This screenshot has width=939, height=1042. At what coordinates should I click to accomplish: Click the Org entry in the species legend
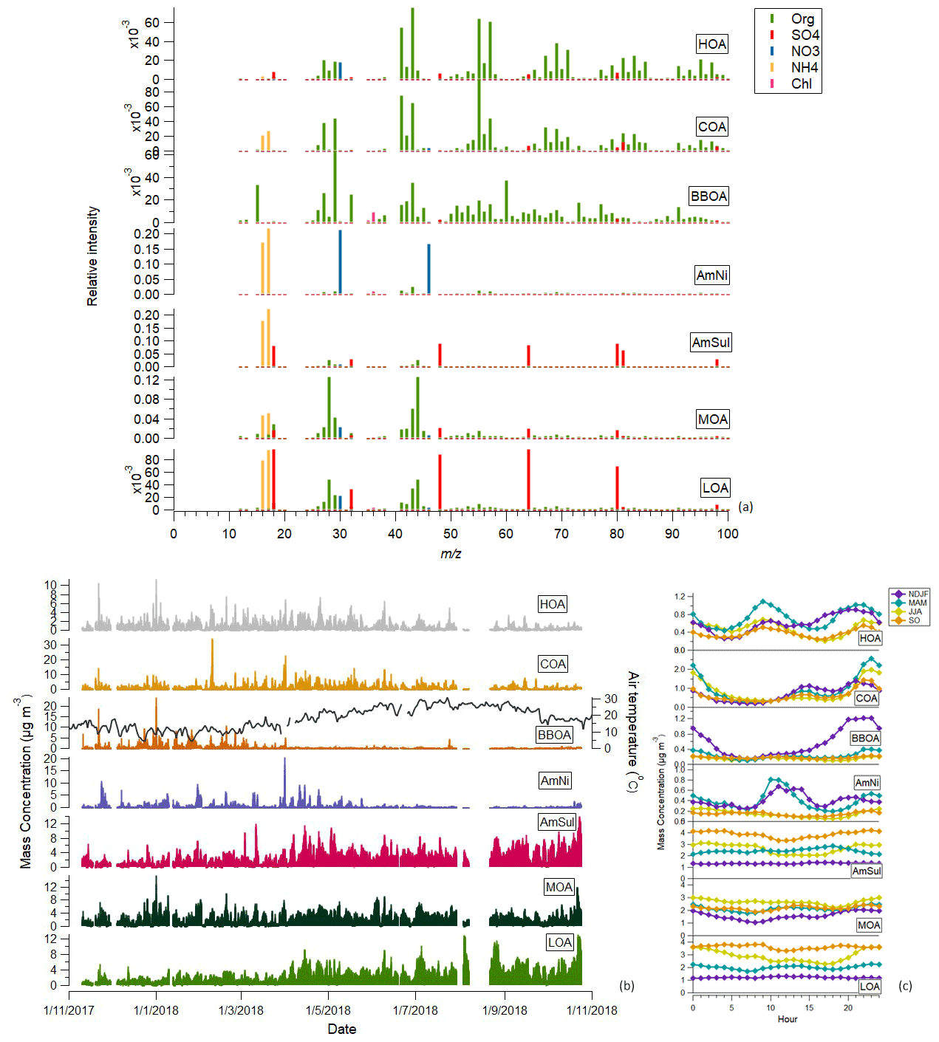(802, 19)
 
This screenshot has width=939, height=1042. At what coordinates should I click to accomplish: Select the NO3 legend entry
(805, 52)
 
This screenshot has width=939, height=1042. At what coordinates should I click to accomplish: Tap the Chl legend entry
(801, 84)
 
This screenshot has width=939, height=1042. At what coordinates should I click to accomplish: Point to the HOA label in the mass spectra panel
(711, 44)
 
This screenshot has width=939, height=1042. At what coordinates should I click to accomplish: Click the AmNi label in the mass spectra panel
(711, 275)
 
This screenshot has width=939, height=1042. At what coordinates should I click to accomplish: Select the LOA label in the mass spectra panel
(715, 488)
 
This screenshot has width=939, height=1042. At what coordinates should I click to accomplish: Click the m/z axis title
(451, 554)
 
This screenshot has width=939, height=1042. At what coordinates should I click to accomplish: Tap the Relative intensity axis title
(92, 256)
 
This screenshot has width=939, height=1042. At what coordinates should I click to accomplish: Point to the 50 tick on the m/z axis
(451, 534)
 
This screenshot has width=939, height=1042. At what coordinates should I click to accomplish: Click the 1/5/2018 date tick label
(328, 1010)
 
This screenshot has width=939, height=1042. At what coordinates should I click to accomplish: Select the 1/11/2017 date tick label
(69, 1010)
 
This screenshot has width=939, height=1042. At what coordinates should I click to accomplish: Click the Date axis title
(341, 1029)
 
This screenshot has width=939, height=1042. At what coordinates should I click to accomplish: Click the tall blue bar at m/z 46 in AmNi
(428, 269)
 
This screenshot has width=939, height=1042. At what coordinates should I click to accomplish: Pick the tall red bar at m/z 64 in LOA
(528, 479)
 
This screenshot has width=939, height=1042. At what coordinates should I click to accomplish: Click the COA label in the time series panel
(552, 664)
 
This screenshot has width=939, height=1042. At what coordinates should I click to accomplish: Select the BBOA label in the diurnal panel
(864, 738)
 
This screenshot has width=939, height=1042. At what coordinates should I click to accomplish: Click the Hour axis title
(787, 1019)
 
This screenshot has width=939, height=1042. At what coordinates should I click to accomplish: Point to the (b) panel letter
(626, 985)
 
